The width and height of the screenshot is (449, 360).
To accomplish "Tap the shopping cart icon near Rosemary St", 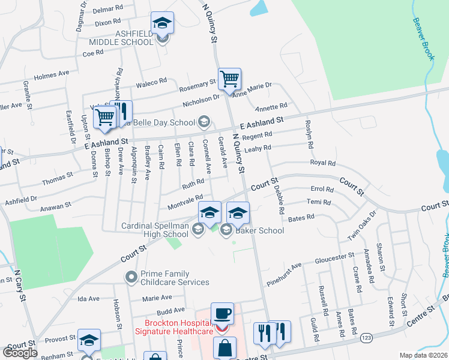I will [229, 78].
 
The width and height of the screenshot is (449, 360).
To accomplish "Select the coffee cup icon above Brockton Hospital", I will [222, 313].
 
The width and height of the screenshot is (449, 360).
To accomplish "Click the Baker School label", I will [259, 230].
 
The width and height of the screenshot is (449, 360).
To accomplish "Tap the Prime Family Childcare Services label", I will [174, 277].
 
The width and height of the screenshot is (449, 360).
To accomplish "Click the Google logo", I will [20, 352].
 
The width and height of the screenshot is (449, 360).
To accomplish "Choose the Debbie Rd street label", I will [278, 198].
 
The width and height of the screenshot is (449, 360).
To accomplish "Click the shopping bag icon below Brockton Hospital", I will [224, 348].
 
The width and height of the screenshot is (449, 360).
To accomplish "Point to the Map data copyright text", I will [424, 355].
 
